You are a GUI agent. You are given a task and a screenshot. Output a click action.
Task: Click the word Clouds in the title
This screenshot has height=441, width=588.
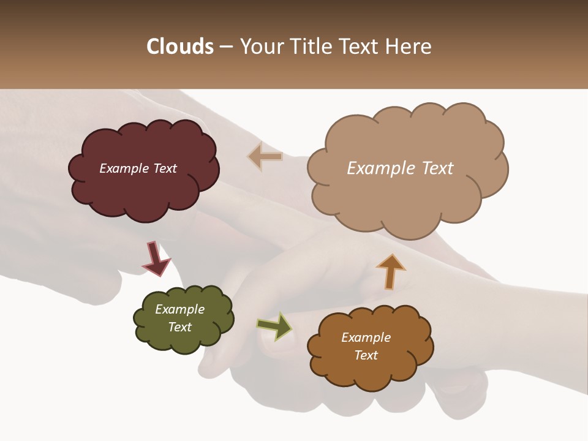coord(180,47)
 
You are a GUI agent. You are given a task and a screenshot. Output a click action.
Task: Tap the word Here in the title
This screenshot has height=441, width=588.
coord(409,47)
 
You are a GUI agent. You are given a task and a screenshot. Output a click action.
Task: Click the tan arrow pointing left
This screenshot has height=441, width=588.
coord(265,156)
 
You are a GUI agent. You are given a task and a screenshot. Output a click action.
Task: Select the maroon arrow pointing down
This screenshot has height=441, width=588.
coord(156,259)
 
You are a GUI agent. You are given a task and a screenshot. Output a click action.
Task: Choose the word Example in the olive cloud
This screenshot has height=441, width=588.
coord(179,309)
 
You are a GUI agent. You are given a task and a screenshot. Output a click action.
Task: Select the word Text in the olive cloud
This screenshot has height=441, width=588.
coord(179,327)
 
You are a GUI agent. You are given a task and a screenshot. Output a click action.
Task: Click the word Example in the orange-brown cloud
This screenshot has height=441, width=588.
coord(366,337)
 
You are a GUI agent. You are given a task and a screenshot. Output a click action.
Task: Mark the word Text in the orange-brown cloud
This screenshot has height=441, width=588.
coord(366,355)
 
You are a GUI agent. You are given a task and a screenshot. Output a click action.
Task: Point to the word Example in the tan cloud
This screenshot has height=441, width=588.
coord(382,168)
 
